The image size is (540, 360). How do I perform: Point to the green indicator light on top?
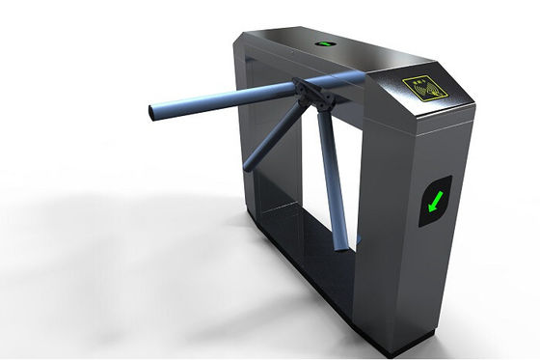pos(325,43)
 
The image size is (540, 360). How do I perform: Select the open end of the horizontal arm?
pos(152,112)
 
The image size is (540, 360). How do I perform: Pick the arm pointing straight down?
pos(330,174)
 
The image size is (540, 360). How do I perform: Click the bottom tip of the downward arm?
pos(341,246)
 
